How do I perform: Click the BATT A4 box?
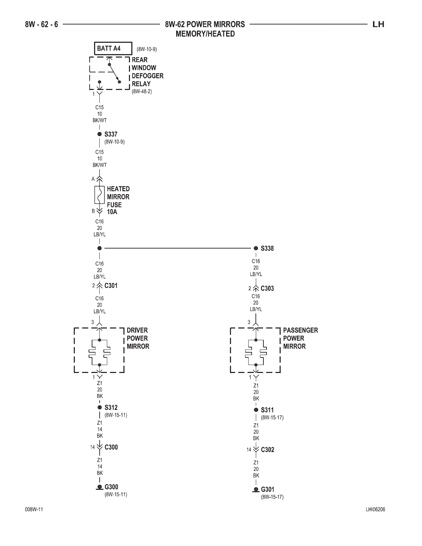point(113,49)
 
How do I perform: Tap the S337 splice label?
point(111,134)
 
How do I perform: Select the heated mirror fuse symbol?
point(99,195)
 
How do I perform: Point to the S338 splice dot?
point(256,248)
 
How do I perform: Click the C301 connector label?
point(111,285)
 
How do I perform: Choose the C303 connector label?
point(267,289)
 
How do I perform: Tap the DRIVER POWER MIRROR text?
point(138,338)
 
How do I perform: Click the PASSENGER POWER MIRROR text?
point(300,338)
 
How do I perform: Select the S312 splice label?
point(111,407)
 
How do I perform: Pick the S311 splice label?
point(267,410)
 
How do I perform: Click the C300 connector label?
point(111,447)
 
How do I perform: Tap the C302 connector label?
point(268,449)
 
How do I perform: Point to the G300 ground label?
point(111,487)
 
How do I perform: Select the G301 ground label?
point(268,489)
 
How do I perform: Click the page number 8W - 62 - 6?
point(41,24)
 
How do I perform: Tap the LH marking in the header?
point(378,24)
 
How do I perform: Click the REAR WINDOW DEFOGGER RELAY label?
point(147,72)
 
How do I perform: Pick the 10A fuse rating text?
point(112,212)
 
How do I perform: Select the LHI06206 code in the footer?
point(375,510)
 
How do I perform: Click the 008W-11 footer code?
point(34,510)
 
